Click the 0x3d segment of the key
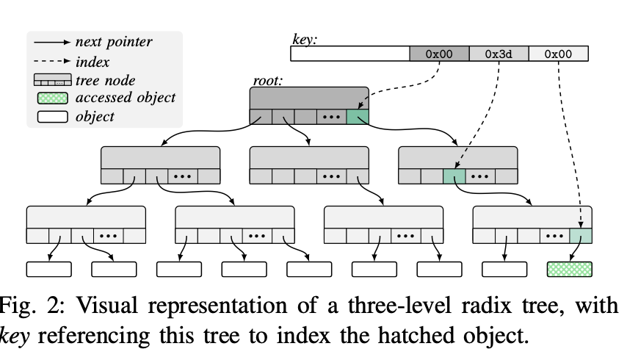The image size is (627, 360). (499, 54)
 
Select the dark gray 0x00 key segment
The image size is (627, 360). (439, 54)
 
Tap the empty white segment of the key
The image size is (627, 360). (350, 54)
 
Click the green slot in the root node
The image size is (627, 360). (358, 117)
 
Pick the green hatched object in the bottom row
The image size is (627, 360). (570, 269)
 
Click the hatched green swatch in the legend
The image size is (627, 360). (52, 98)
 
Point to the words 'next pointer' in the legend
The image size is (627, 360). (114, 42)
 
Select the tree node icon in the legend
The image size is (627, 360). (52, 79)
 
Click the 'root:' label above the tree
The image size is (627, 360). (268, 80)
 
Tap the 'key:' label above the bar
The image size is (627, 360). (305, 39)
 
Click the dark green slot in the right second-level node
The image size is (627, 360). (454, 176)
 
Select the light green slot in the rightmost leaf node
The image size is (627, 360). (581, 236)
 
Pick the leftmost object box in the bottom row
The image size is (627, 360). (48, 269)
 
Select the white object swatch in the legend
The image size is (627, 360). (52, 117)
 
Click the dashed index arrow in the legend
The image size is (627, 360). (52, 61)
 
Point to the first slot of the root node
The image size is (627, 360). (261, 117)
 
